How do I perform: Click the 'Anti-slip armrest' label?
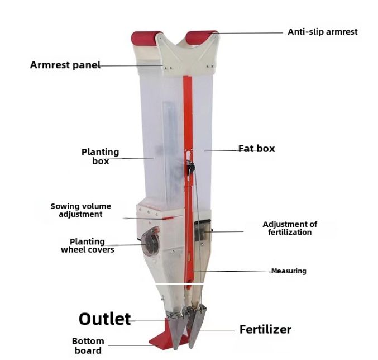[322, 32]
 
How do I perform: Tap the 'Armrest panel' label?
[65, 65]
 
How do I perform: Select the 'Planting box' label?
[101, 156]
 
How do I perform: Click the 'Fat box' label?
[257, 149]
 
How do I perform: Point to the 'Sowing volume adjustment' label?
[81, 210]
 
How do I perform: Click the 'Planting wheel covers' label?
[87, 245]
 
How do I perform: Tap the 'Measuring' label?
[289, 271]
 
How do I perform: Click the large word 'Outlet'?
[104, 319]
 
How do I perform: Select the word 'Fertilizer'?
[265, 329]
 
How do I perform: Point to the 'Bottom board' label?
[88, 345]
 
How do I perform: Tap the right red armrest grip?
[202, 37]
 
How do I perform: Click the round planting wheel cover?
[150, 241]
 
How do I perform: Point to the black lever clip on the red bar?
[191, 165]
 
